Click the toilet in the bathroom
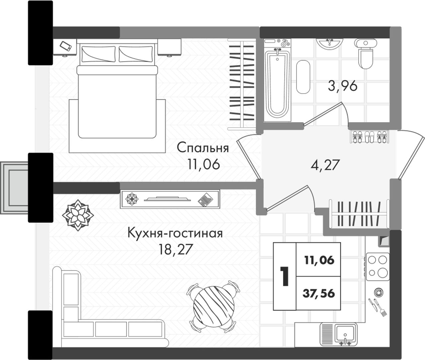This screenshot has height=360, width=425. (x=366, y=54)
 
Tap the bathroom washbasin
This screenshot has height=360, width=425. (x=329, y=44)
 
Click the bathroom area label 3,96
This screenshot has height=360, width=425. (x=343, y=86)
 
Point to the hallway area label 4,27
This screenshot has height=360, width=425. (x=325, y=165)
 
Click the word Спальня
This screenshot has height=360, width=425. (x=203, y=148)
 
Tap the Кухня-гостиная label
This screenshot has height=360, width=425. (x=175, y=233)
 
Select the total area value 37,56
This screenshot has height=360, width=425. (x=319, y=293)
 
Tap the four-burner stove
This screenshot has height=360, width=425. (x=378, y=267)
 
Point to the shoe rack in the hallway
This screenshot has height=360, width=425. (x=370, y=137)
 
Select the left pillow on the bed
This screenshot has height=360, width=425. (x=99, y=54)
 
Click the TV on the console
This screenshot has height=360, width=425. (x=167, y=199)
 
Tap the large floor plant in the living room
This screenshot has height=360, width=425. (x=78, y=215)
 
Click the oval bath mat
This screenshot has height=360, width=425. (x=303, y=77)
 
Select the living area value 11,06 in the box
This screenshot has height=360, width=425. (x=319, y=260)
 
